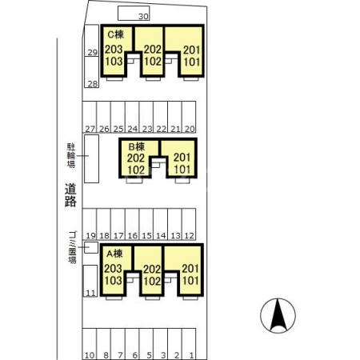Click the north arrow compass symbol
click(278, 316)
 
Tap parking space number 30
click(134, 13)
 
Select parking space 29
click(91, 41)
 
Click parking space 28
click(91, 72)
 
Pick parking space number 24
click(132, 117)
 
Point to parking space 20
click(189, 117)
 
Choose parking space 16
click(132, 224)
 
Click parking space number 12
click(189, 224)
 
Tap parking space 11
click(90, 281)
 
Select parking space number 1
click(189, 344)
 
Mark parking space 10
click(90, 344)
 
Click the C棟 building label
click(115, 34)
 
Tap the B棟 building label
click(137, 146)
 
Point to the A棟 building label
click(114, 254)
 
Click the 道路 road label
click(70, 195)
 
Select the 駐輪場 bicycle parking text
click(71, 155)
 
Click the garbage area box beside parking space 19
click(91, 247)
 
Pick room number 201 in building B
click(182, 158)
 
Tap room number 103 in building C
click(114, 62)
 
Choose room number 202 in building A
click(152, 269)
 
